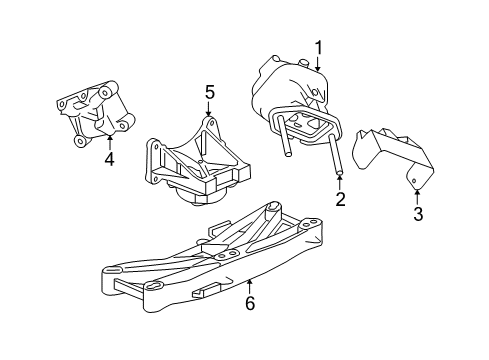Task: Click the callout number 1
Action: [x=320, y=46]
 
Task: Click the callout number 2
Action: [x=341, y=200]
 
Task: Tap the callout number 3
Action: [x=417, y=213]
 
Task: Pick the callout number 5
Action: [x=209, y=93]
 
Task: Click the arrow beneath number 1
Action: [x=319, y=64]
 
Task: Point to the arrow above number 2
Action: [x=341, y=181]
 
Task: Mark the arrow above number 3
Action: [x=417, y=193]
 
